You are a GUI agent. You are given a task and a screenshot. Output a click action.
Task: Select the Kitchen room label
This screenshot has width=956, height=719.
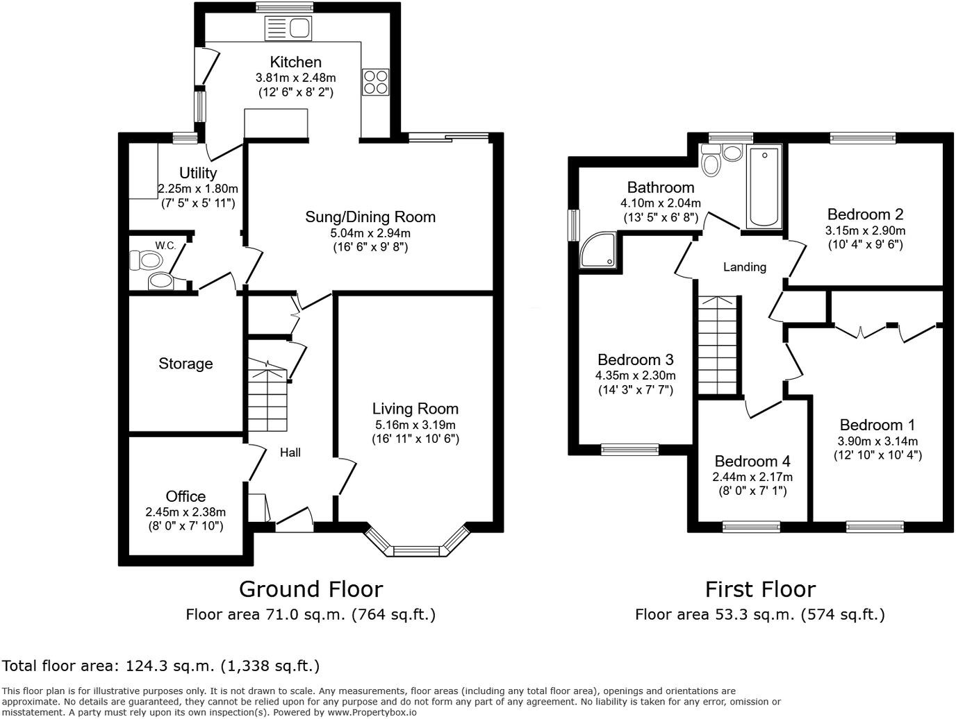(295, 62)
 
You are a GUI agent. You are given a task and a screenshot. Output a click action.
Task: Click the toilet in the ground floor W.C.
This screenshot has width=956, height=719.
(147, 261)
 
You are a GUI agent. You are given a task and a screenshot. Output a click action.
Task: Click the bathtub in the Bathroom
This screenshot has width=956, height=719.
(764, 187)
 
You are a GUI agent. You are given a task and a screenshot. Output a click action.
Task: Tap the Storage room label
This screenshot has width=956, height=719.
(186, 364)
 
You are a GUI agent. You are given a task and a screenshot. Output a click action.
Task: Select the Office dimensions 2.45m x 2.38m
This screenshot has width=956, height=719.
(186, 512)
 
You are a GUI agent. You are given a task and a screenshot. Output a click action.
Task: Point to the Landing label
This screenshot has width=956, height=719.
(744, 267)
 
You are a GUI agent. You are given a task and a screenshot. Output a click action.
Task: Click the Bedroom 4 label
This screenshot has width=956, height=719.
(752, 462)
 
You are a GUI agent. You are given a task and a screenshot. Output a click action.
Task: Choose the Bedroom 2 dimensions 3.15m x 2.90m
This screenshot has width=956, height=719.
(865, 230)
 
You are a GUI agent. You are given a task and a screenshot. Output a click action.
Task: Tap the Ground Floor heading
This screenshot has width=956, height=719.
(311, 589)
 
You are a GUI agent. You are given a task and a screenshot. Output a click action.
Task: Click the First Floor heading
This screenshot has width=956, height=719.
(760, 589)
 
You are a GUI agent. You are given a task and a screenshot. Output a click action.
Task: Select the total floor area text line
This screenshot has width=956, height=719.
(161, 666)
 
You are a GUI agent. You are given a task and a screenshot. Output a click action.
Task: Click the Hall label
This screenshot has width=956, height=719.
(290, 452)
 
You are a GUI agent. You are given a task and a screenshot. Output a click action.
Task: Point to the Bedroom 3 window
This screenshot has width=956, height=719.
(629, 449)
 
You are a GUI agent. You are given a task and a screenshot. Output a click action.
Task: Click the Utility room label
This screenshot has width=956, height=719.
(198, 173)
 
